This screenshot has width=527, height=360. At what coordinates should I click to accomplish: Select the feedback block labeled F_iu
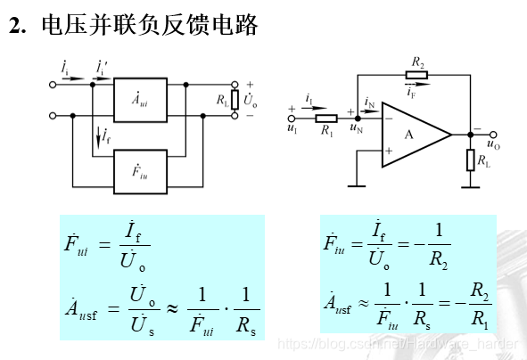139,170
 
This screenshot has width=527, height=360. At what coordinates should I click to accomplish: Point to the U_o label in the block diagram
251,101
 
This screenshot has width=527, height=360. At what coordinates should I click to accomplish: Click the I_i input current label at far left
64,68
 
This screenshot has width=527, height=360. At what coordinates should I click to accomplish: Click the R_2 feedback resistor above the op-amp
417,77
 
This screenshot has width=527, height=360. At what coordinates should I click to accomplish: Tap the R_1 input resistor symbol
326,118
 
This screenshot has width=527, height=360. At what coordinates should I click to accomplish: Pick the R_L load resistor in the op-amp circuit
470,161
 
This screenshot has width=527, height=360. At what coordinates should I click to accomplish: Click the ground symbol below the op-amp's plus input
356,185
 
